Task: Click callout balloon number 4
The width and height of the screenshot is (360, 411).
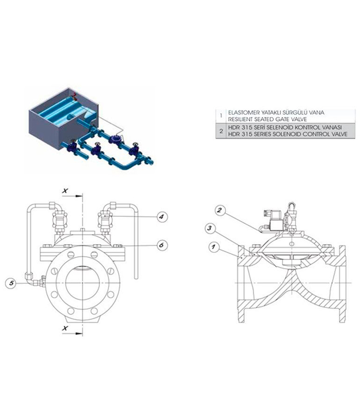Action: [x=161, y=217]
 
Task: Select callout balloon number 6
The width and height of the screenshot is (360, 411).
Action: [x=161, y=246]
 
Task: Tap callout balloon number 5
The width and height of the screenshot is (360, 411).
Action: [x=11, y=283]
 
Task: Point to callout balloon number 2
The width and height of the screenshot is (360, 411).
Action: [x=220, y=210]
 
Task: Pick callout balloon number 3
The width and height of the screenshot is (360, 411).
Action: [x=210, y=228]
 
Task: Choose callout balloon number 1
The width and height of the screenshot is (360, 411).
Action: [x=214, y=247]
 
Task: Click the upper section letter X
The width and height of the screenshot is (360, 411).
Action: [x=65, y=191]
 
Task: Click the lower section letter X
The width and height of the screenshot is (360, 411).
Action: [x=65, y=328]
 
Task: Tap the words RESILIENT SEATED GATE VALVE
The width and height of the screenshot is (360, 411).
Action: [x=267, y=120]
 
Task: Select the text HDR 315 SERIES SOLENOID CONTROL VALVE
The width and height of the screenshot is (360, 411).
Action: [x=287, y=134]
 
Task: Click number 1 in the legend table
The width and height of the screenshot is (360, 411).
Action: [x=221, y=116]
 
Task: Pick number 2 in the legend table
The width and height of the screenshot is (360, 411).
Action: [x=221, y=131]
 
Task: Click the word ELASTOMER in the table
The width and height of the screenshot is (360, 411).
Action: [x=240, y=113]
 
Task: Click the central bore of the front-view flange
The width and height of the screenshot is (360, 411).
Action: [x=83, y=283]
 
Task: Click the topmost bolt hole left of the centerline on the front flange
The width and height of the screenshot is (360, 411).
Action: [x=71, y=254]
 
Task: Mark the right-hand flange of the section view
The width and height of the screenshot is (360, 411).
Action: [x=342, y=284]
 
